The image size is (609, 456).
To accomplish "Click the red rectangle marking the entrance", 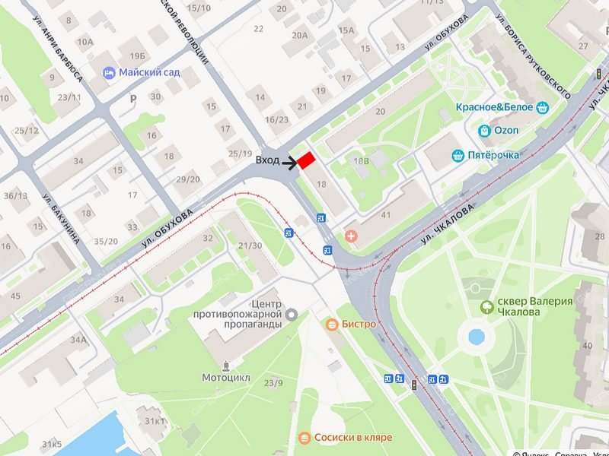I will pos(306,161).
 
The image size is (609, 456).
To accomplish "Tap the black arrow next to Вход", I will pos(289,162).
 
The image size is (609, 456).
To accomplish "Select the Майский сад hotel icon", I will pos(110,73).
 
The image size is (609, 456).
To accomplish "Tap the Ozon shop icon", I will pos(484,131).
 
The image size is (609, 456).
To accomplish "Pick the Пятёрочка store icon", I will pos(458,156).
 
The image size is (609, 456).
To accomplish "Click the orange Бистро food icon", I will pos(331,325).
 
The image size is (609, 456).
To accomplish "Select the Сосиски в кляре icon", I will pos(304,438).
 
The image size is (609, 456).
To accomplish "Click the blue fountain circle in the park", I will pos(477,337).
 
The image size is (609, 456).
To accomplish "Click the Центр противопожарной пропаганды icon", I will pos(292,314).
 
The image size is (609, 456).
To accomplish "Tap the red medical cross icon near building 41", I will pos(350,236).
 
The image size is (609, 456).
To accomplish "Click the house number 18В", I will pos(360,161).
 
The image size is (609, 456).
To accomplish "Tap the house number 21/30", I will pos(250,245).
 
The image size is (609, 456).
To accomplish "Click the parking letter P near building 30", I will pos(134,98).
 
